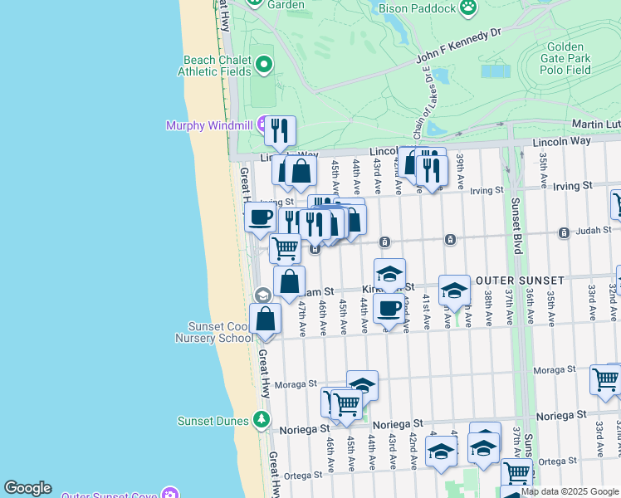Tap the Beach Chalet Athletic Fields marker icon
pos(264,64)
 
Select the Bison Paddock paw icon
pos(470,8)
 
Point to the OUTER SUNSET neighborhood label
pos(520,281)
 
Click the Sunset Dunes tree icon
pos(262,419)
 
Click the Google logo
pos(27,488)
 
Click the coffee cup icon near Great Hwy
pos(260,218)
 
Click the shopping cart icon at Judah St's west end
pos(285,247)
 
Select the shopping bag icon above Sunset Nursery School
pos(265,320)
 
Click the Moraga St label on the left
pos(302,383)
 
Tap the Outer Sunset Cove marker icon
pos(171,494)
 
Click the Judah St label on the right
pos(594,230)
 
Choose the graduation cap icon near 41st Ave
pos(453,290)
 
